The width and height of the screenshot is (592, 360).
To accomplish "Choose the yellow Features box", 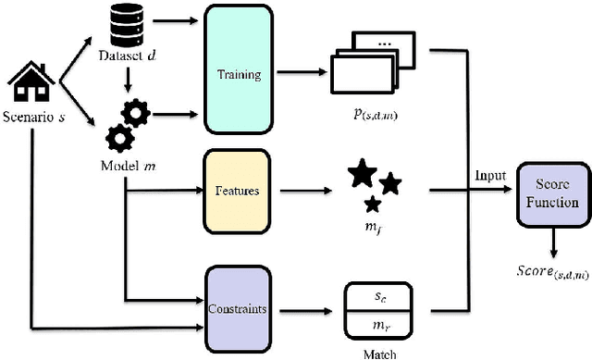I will (237, 191).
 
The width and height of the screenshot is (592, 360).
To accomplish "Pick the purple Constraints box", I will (237, 308).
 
